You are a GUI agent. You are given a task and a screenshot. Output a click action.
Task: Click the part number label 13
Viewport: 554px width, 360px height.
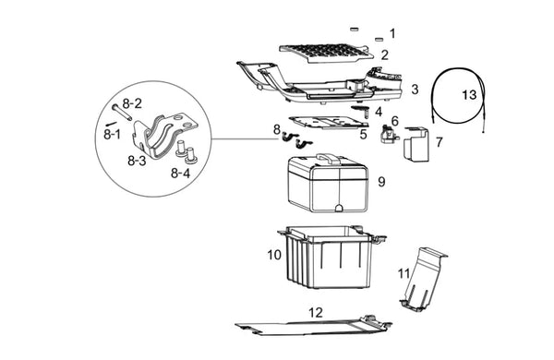point(469,95)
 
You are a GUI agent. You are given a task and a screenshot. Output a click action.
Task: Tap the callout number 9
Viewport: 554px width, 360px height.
point(381,182)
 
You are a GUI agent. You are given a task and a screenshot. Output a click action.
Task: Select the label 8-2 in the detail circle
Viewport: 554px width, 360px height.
point(132,103)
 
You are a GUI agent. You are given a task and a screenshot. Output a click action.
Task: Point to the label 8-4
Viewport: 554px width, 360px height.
point(181,174)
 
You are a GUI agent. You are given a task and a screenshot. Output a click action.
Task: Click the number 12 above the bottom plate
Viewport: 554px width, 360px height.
point(316,312)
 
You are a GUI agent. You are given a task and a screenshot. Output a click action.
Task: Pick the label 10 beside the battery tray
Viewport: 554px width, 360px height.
point(274,255)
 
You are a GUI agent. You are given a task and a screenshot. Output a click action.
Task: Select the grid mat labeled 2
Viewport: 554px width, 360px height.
point(326,53)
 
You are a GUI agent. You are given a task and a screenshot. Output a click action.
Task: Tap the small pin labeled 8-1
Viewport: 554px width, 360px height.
point(111,124)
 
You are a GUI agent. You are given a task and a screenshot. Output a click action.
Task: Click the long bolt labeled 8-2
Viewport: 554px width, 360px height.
point(122,112)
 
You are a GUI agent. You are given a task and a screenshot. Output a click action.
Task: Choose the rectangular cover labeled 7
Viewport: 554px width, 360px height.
point(417,144)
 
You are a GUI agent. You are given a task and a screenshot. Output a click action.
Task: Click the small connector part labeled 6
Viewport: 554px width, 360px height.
point(389,134)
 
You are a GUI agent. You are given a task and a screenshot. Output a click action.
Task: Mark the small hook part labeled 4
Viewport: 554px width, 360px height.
point(361,110)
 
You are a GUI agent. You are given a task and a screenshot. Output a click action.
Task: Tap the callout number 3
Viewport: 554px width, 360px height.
point(415,89)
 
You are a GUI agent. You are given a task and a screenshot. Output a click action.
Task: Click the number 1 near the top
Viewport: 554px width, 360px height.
point(392,33)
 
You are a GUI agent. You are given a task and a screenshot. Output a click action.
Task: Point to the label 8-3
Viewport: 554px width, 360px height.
point(137,161)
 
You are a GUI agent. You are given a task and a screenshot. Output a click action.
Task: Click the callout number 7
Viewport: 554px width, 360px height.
point(440,142)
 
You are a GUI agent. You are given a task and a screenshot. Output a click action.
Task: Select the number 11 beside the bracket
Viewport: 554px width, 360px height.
point(403,273)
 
